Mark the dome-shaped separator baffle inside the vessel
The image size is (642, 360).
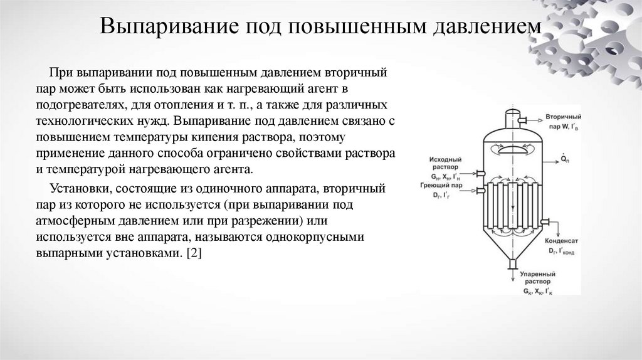point(512,150)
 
